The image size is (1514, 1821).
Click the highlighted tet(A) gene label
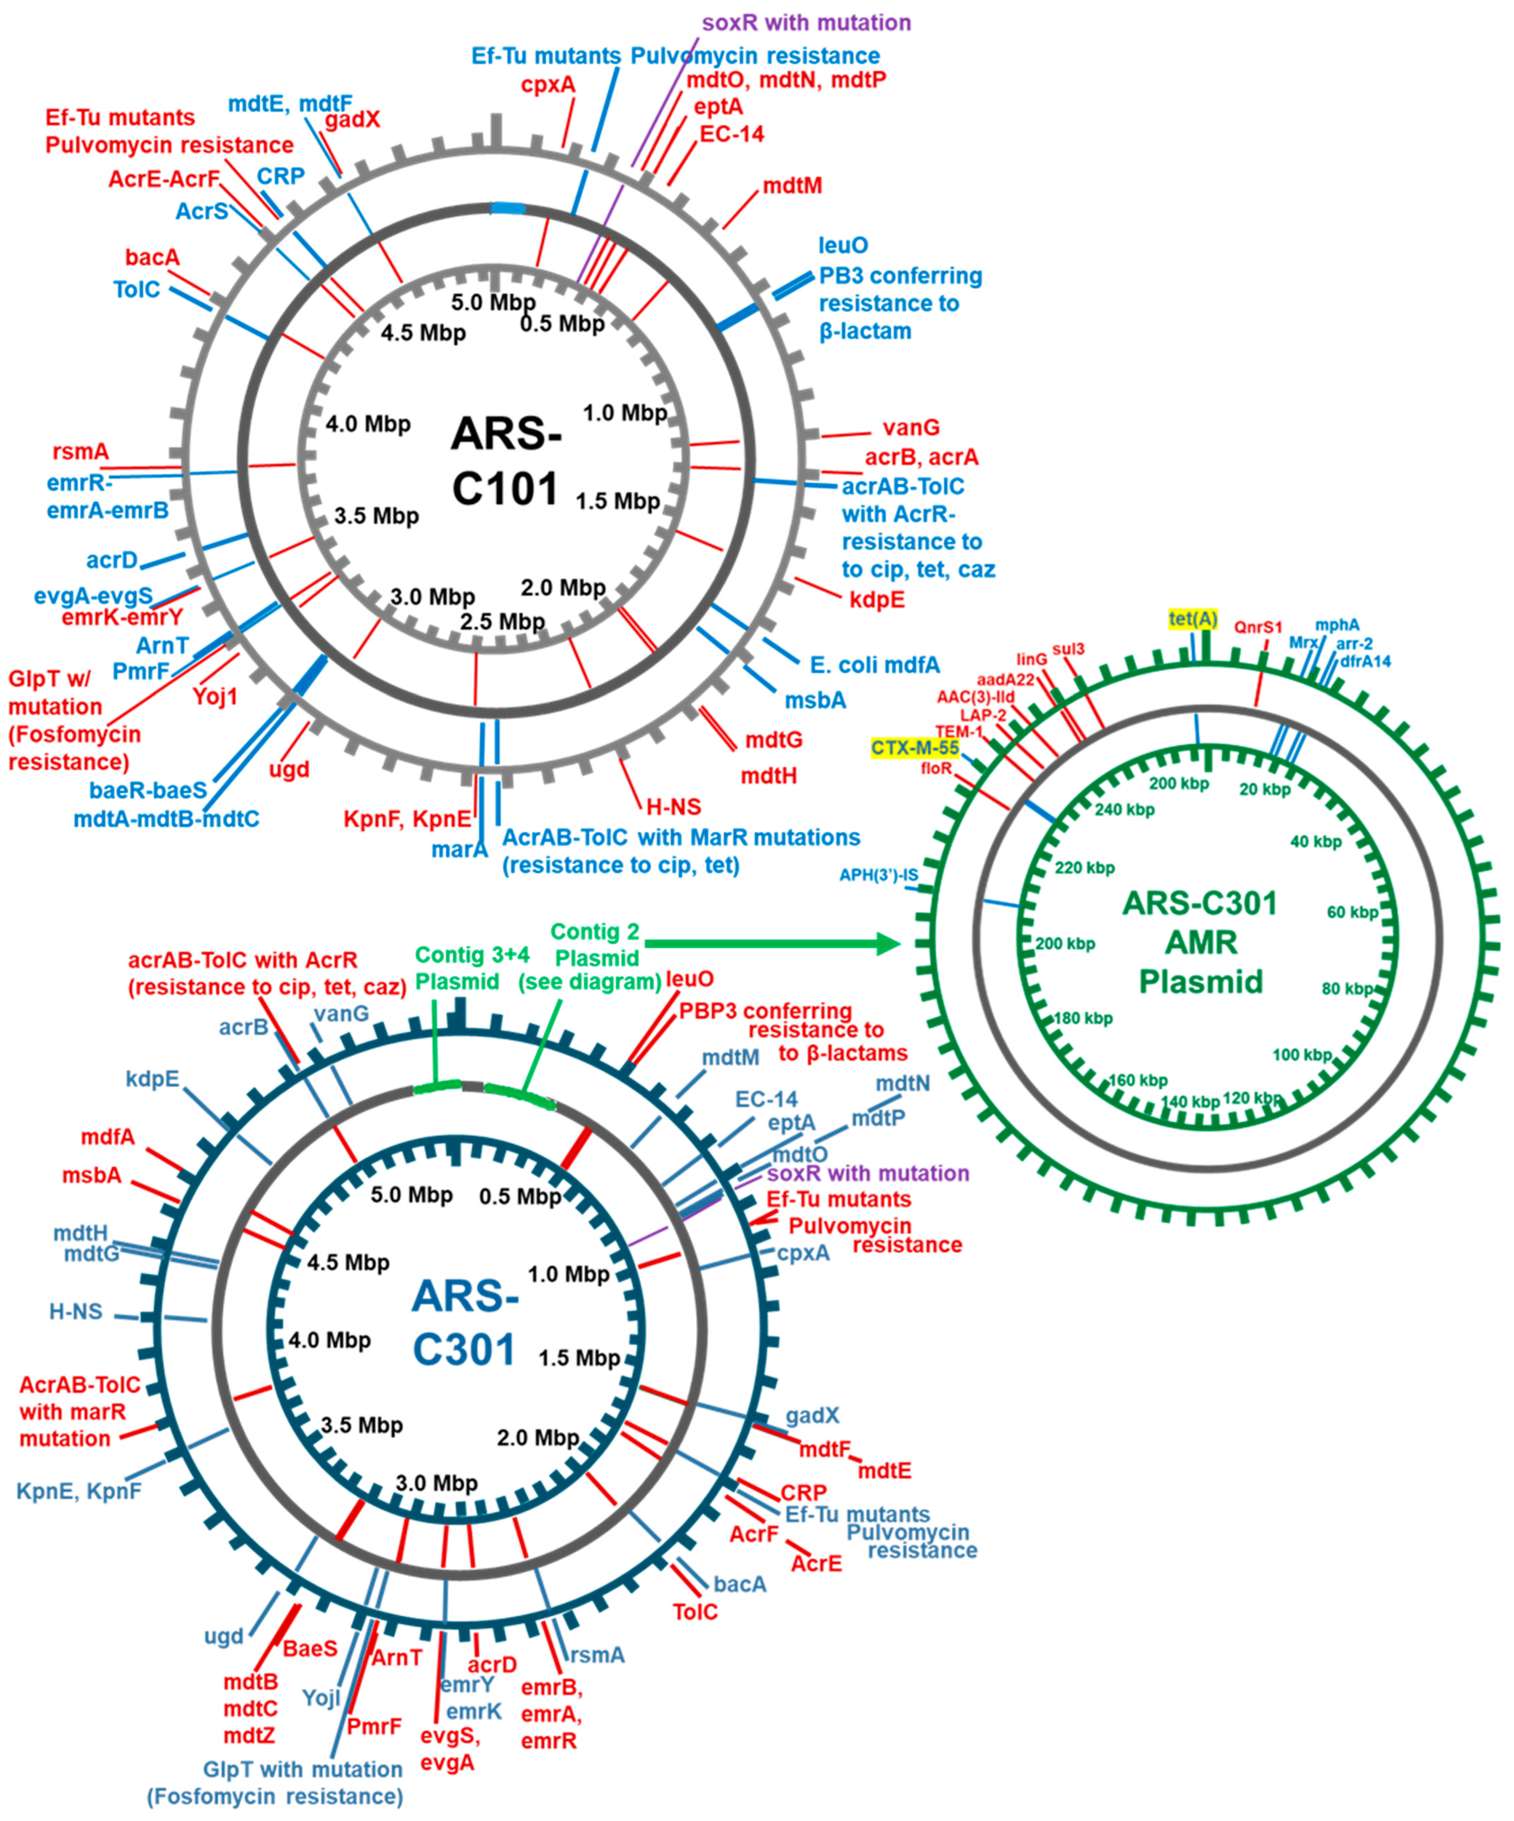click(x=1193, y=619)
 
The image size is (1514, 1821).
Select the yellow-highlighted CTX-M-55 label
click(x=915, y=747)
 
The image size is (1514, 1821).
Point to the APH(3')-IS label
click(x=878, y=875)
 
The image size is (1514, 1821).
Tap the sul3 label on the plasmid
click(x=1068, y=650)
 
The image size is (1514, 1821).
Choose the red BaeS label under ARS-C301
click(x=310, y=1648)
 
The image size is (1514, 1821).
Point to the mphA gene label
click(x=1337, y=625)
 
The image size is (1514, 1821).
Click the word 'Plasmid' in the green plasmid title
click(x=1200, y=982)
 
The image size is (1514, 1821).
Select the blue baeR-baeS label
click(x=148, y=790)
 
